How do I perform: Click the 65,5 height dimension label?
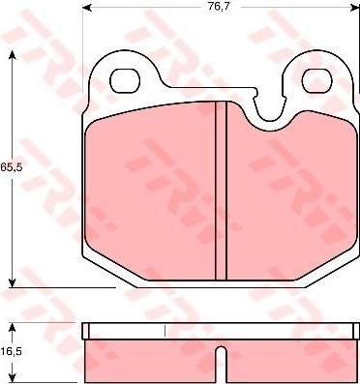[x=11, y=167]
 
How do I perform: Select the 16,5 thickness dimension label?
[x=11, y=351]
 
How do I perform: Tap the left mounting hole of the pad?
[x=126, y=80]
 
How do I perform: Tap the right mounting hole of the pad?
[x=317, y=80]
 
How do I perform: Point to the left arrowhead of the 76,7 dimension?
[x=87, y=8]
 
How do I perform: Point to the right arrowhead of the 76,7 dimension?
[x=355, y=8]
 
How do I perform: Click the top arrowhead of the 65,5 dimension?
[x=12, y=55]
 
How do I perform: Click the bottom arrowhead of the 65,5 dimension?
[x=12, y=282]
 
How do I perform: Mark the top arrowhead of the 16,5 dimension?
[x=12, y=328]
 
